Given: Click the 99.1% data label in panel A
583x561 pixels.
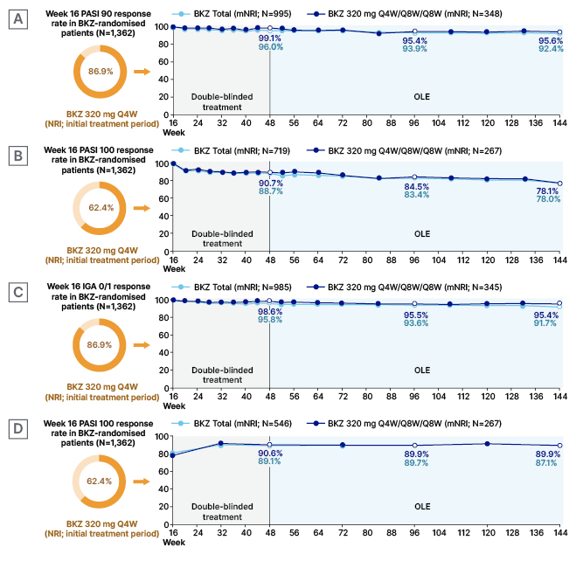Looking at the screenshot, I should pos(270,38).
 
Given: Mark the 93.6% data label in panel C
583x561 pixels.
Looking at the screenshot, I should pos(415,325).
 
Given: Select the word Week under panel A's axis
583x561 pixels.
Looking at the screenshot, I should pos(174,133).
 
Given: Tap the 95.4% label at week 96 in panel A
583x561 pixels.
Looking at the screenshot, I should pos(415,40).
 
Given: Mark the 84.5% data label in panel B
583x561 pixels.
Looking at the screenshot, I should pos(415,185).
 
